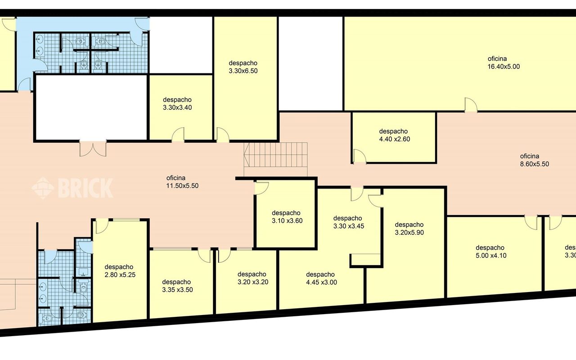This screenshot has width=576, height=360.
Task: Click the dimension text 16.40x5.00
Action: tap(504, 67)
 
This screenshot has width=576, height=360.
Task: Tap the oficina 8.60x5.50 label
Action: tap(534, 160)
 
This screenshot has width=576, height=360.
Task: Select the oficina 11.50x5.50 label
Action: tap(182, 182)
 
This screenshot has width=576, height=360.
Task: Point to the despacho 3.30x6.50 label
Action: tap(243, 67)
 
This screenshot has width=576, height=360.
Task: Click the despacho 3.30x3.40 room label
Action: tap(177, 103)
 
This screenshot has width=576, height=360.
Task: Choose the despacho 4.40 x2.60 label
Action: tap(395, 135)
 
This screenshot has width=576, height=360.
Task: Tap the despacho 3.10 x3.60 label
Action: tap(287, 217)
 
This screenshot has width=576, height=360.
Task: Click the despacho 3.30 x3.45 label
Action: tap(349, 222)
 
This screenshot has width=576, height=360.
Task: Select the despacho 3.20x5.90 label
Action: tap(409, 229)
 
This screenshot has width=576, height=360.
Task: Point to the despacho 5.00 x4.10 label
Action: tap(491, 252)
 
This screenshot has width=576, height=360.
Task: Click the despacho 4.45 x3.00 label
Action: tap(321, 278)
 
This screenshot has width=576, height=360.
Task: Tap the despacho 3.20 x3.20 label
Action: tap(253, 278)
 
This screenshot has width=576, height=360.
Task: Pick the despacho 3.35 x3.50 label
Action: tap(177, 286)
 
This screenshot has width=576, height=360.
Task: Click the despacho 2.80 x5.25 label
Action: tap(120, 271)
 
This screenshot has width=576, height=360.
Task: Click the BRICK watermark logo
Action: tap(72, 188)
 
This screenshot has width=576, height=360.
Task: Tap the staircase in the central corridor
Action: tap(276, 159)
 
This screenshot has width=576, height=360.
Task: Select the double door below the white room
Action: tap(93, 148)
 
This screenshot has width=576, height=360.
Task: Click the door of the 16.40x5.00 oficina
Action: tap(471, 105)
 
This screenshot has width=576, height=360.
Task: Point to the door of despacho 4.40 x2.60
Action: tap(360, 156)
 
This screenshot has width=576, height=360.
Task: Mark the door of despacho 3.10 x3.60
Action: tap(261, 188)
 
